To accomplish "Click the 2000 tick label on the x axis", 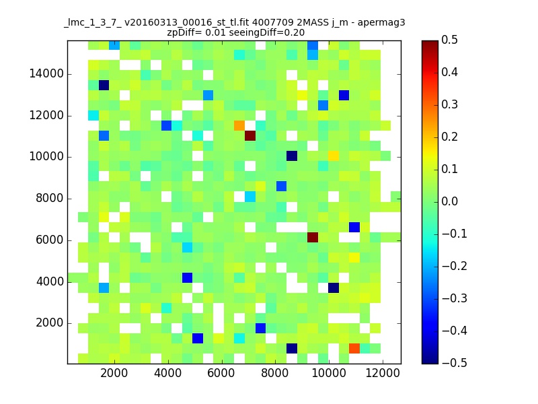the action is coord(114,373).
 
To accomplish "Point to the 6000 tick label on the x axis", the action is coord(221,373).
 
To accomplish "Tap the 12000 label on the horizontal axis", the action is coord(383,373).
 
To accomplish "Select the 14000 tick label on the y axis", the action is coord(46,73).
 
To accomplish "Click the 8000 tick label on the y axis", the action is coord(50,198).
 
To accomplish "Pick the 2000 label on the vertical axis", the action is coord(50,323).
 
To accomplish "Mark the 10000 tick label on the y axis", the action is coord(46,157).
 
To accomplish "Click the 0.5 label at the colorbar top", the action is coord(449,40).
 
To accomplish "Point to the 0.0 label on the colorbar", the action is coord(449,201).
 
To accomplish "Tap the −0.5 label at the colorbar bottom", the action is coord(455,363).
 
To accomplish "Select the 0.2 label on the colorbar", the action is coord(449,137).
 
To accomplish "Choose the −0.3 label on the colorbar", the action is coord(455,298).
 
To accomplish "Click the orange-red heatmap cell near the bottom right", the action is coord(354,348).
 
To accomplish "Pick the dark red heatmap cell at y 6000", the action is coord(313,237).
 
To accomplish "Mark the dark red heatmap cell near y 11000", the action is coord(250,136).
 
